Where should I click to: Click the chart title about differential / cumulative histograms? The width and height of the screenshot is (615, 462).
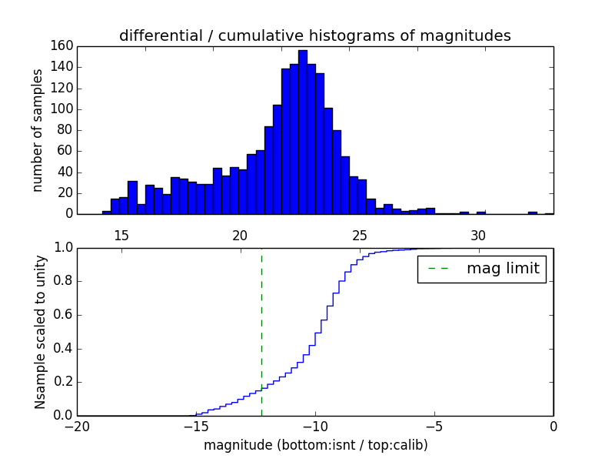point(314,35)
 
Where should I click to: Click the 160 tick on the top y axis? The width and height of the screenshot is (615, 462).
point(64,46)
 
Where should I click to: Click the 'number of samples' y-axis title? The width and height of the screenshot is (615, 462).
point(37,129)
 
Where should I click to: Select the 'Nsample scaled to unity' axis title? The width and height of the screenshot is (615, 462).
point(40,332)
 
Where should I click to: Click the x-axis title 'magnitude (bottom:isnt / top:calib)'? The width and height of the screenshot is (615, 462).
point(315,445)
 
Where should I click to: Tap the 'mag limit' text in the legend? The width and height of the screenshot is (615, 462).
point(503,269)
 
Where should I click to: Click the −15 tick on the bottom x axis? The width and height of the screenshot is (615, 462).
point(195,425)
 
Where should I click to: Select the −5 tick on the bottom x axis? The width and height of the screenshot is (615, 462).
point(434,425)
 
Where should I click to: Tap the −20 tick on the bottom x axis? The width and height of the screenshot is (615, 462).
point(76,425)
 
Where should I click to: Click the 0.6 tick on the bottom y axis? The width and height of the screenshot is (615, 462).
point(62,315)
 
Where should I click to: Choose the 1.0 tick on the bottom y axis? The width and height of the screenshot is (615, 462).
point(62,248)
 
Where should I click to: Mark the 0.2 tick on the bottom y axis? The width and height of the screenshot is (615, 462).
point(62,382)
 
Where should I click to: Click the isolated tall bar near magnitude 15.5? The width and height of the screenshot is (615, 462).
point(132,197)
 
